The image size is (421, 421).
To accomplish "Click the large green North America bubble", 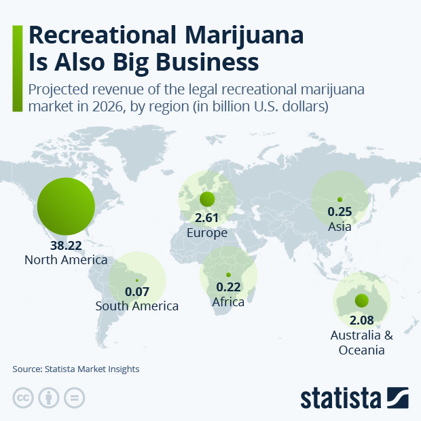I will (65, 206).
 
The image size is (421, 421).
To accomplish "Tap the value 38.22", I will (66, 247).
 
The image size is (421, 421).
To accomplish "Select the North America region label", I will (66, 260).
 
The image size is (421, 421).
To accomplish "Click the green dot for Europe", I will (207, 200).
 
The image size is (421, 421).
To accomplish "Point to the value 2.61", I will (207, 219).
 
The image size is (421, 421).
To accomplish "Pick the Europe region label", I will (207, 233).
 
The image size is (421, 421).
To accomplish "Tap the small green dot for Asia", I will (340, 199).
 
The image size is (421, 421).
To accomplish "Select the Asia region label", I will (340, 226).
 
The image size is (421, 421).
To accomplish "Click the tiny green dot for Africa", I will (228, 274).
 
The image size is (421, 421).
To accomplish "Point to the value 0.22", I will (228, 289).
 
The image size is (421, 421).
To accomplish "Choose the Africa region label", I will (228, 301).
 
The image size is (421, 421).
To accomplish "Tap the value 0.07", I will (137, 293).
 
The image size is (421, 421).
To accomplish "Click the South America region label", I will (137, 306).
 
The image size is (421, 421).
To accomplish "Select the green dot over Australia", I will (361, 301).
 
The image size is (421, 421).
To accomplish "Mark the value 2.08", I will (361, 320).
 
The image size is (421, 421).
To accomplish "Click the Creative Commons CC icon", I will (23, 398).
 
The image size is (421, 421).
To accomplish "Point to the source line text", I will (75, 369).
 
